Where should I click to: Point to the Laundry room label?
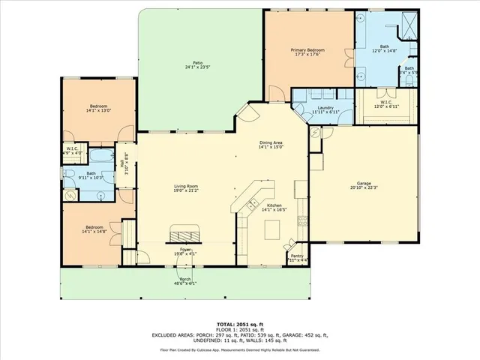325,107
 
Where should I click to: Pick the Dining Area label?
271,142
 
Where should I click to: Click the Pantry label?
297,256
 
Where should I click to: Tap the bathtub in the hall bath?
100,159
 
